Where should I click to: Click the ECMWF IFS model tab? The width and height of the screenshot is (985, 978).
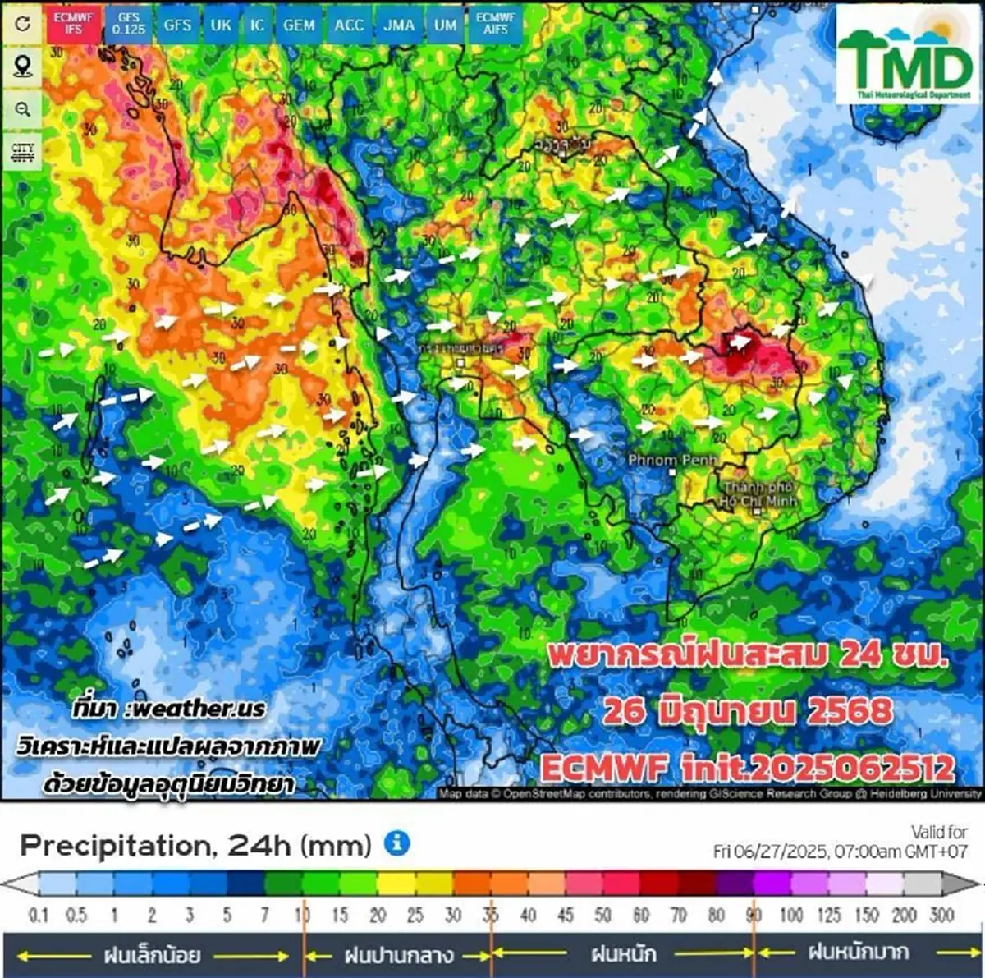point(74,23)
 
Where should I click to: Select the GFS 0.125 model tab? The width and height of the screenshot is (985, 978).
point(129,24)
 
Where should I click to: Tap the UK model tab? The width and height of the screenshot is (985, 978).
point(221,25)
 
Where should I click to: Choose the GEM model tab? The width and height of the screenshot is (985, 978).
point(299,25)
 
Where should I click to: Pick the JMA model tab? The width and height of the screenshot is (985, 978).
point(399,25)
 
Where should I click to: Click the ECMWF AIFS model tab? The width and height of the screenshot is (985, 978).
point(496,23)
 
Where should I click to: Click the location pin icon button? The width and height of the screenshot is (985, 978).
point(23,66)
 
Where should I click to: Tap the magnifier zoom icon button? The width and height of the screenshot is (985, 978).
point(23,109)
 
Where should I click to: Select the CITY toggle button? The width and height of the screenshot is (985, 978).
point(23,152)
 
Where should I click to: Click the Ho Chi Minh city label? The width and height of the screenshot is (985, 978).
point(758,494)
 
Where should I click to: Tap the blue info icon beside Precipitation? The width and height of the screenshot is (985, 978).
point(397,843)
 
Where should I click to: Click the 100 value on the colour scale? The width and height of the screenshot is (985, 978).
point(791,915)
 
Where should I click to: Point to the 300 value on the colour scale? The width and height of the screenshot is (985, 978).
point(942,915)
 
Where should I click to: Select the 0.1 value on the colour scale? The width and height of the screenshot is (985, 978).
point(39,915)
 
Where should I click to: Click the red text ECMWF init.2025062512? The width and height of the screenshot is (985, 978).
point(748,769)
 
